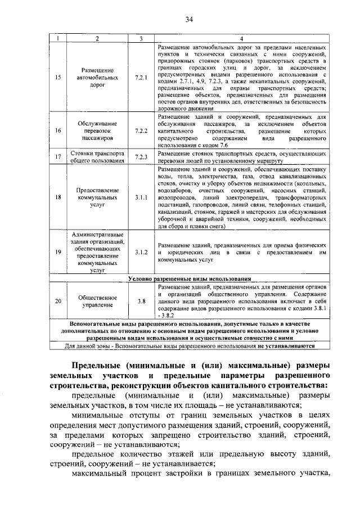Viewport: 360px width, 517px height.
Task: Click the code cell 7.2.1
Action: pyautogui.click(x=141, y=78)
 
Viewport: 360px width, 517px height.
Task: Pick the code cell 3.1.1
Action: pyautogui.click(x=141, y=198)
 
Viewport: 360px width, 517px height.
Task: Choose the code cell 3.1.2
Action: pyautogui.click(x=141, y=253)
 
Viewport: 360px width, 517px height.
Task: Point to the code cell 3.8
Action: pyautogui.click(x=141, y=301)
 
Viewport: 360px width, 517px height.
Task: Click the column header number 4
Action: pyautogui.click(x=241, y=38)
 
